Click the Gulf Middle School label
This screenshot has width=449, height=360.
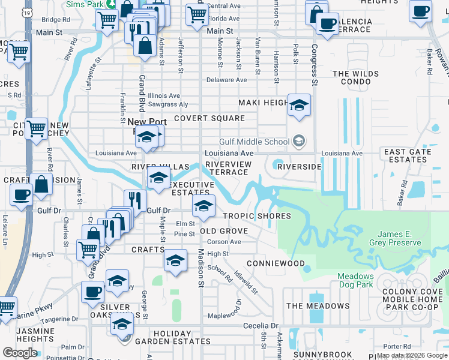[255, 142]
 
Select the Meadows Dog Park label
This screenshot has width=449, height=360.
[355, 281]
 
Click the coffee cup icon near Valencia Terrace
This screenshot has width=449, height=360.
[327, 24]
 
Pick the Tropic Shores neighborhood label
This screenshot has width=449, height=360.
[257, 216]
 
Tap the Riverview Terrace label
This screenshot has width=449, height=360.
[227, 168]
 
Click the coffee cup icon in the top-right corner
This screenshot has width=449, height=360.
[420, 10]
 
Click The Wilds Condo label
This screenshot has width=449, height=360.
[356, 78]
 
